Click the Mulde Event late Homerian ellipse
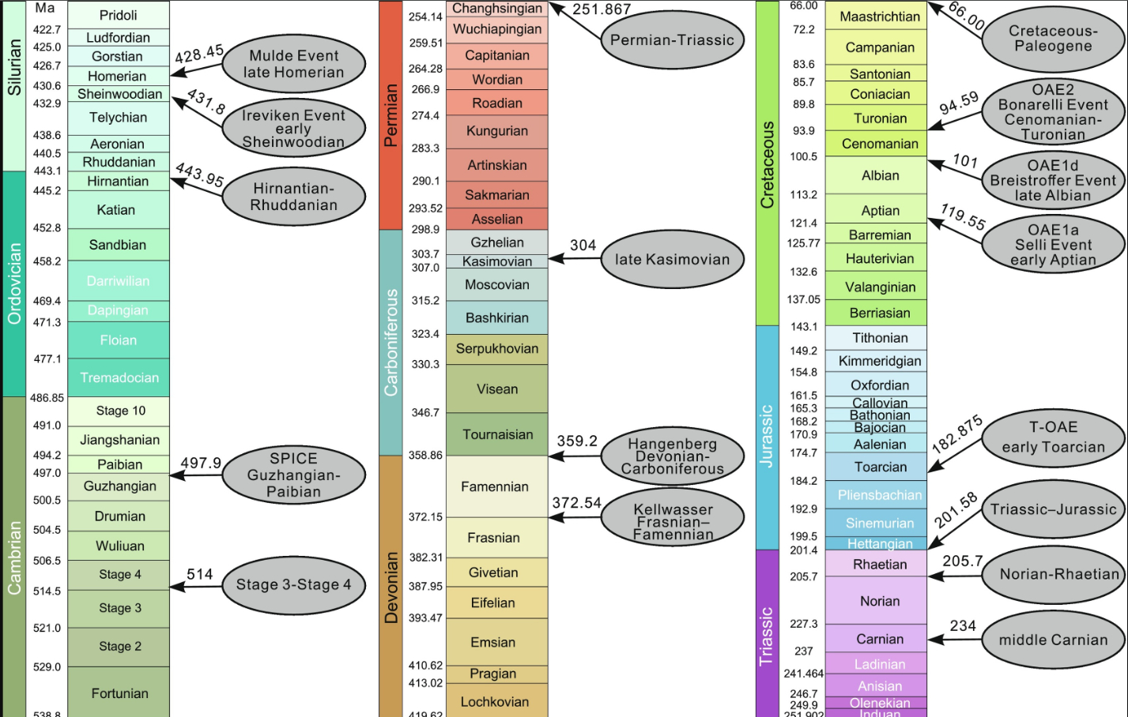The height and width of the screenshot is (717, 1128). coord(293,64)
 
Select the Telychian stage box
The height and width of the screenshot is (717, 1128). coord(119,118)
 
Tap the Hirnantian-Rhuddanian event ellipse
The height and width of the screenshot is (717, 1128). coord(293,197)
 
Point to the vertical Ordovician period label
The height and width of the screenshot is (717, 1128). coord(14,283)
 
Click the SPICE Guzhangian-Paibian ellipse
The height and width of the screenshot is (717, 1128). coord(293,475)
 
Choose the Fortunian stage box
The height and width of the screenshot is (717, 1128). coord(119,693)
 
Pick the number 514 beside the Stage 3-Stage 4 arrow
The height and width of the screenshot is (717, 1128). coord(199,574)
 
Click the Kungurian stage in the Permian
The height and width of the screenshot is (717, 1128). coord(496,131)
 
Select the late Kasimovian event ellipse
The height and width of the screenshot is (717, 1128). coord(672,259)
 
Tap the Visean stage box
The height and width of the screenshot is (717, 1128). coord(496,389)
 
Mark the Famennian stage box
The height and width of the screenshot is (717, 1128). coord(495,486)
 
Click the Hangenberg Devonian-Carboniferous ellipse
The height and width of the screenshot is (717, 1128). coord(672,456)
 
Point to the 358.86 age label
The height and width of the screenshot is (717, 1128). coord(425,456)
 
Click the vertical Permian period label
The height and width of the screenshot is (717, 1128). coord(390,115)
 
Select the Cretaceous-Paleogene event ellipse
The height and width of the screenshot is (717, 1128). coord(1053,39)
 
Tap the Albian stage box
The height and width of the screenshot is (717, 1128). coord(880,175)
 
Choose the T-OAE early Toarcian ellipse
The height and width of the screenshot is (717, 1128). coord(1053,437)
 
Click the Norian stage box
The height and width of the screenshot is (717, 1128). coord(880,601)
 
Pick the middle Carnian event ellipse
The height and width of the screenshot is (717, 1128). coord(1053,640)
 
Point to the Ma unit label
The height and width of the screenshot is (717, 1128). coord(45,8)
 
